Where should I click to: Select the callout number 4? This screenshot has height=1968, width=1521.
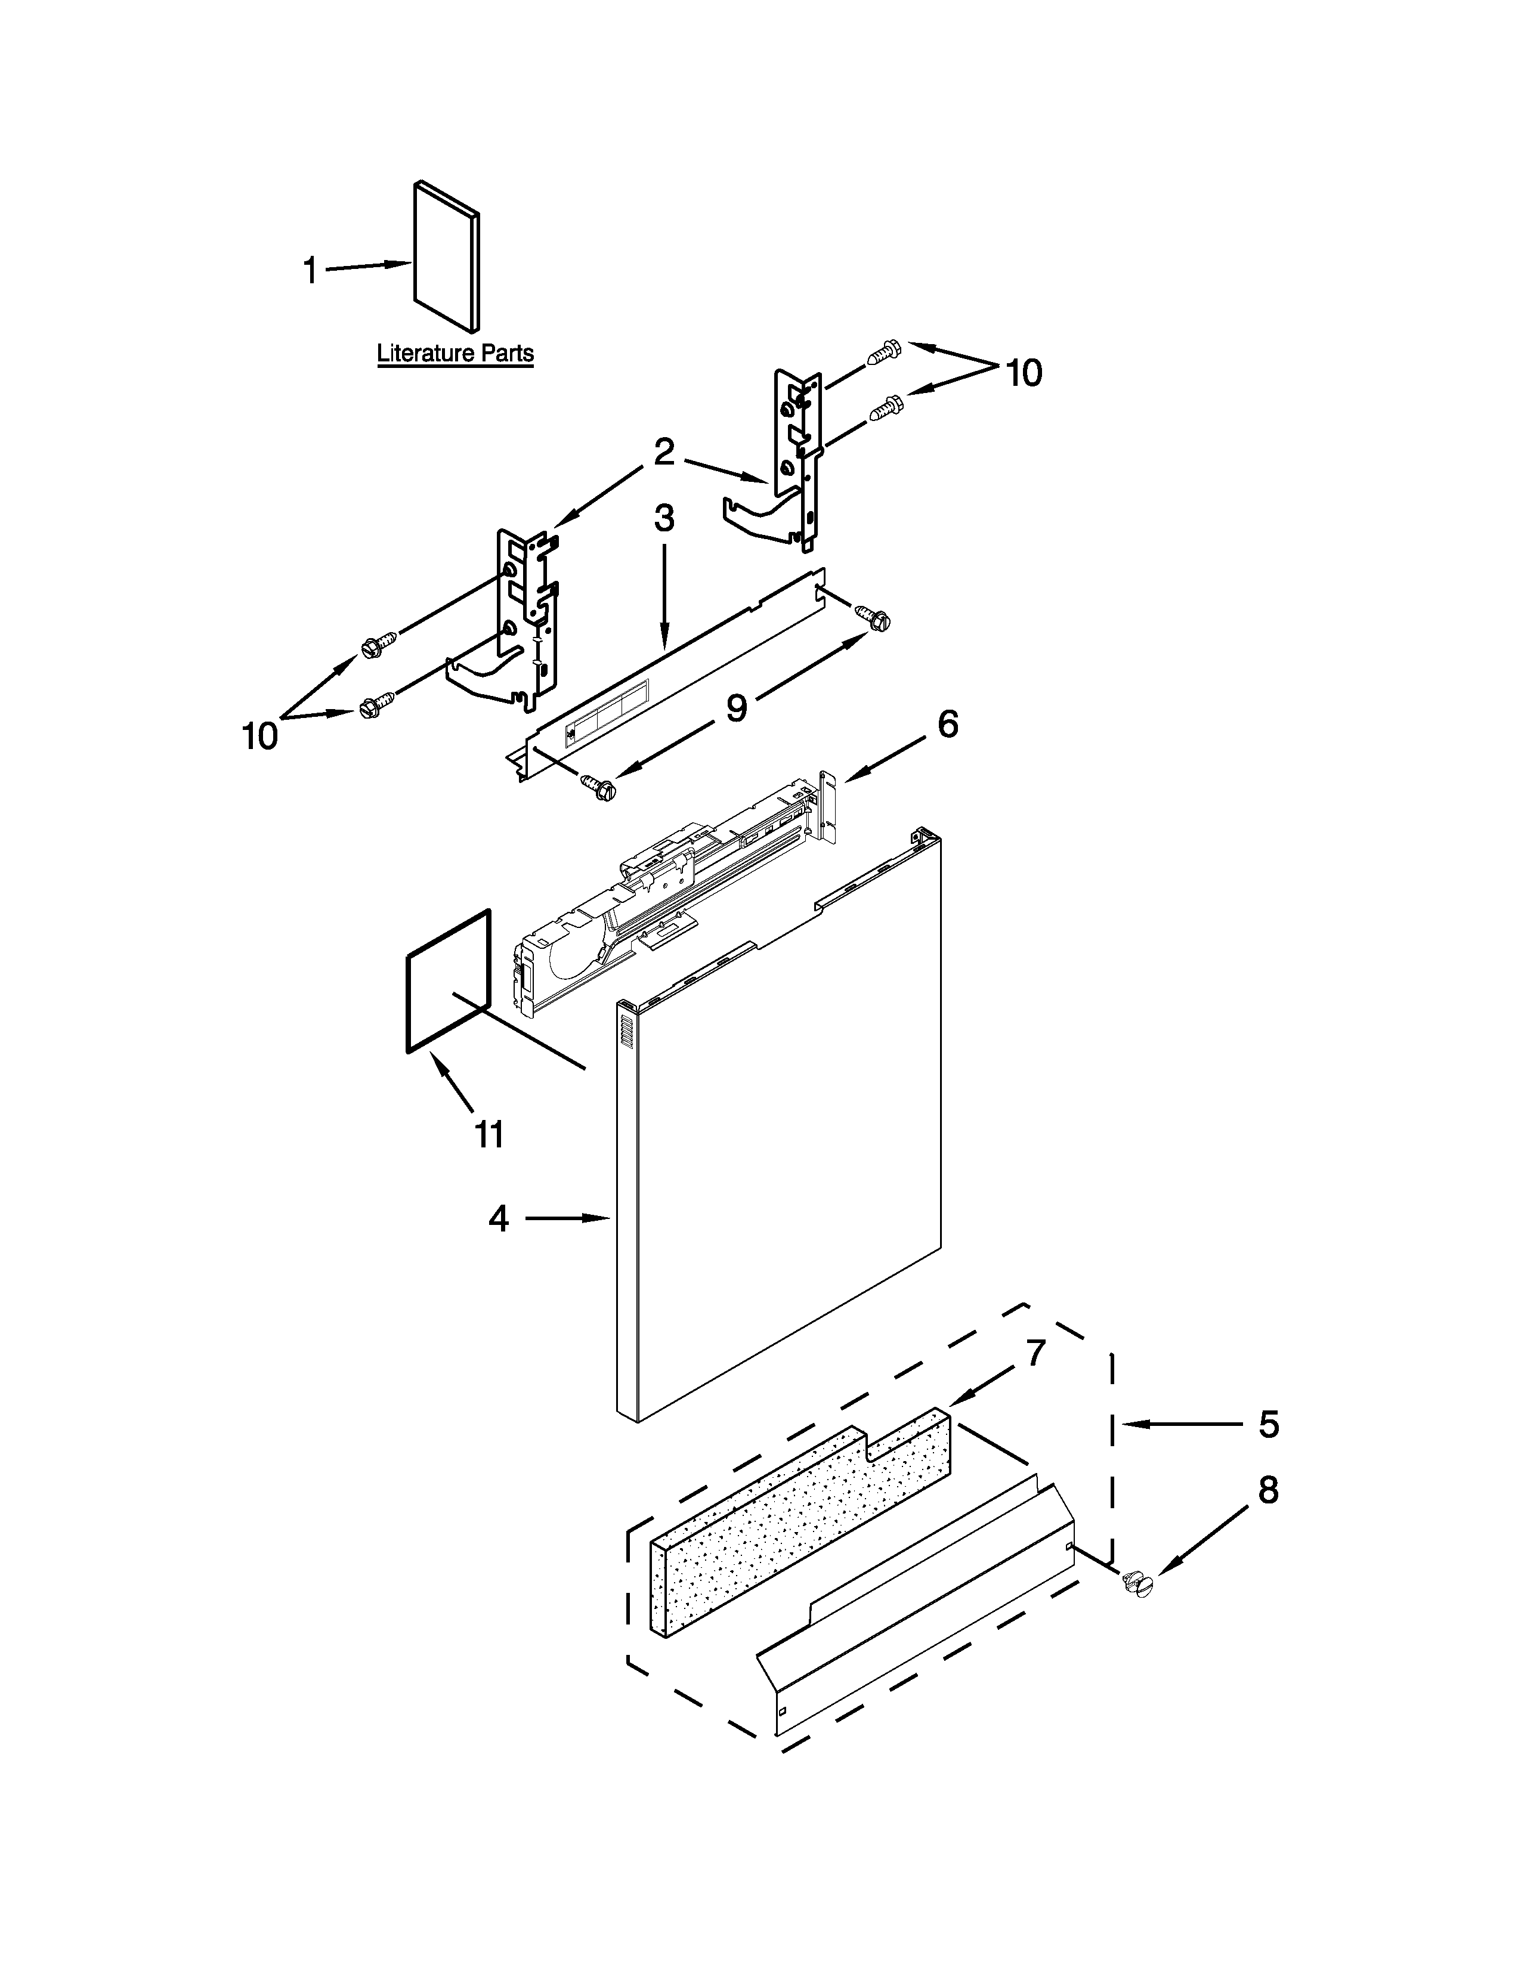tap(498, 1219)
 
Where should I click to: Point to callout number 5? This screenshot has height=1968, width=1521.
tap(1269, 1425)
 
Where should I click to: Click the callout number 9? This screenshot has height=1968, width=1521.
tap(736, 708)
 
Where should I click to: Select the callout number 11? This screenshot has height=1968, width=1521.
tap(489, 1134)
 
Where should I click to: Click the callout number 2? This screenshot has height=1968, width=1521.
tap(664, 453)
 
